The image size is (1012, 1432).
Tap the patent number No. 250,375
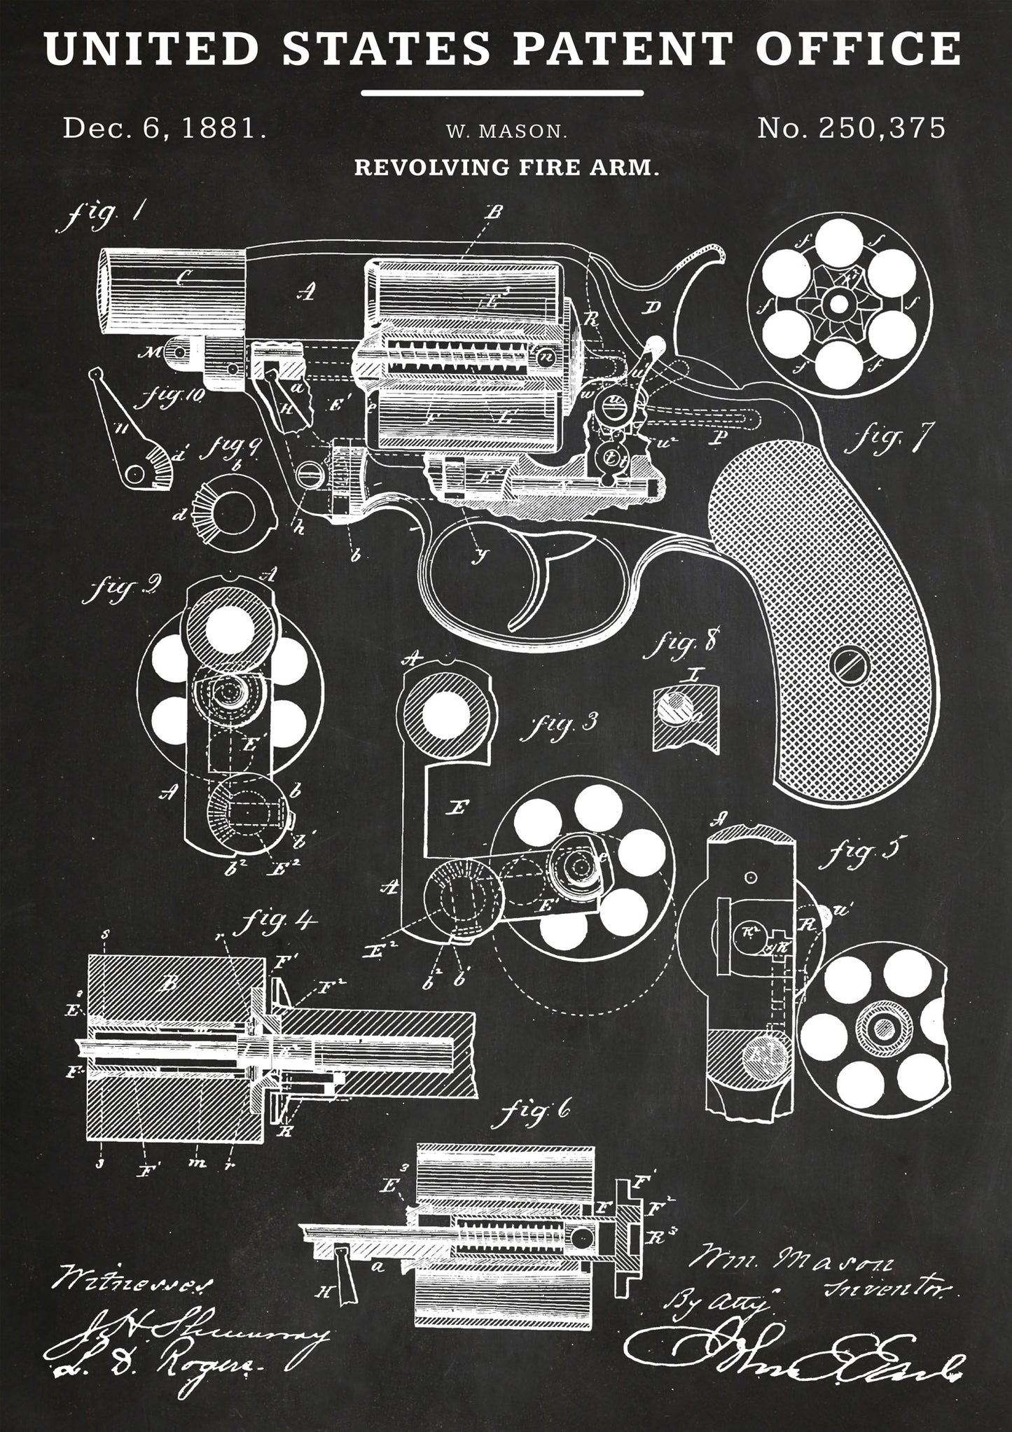[x=852, y=129]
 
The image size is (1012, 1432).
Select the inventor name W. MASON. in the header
[x=505, y=131]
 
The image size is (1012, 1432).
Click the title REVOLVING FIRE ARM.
[x=506, y=168]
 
